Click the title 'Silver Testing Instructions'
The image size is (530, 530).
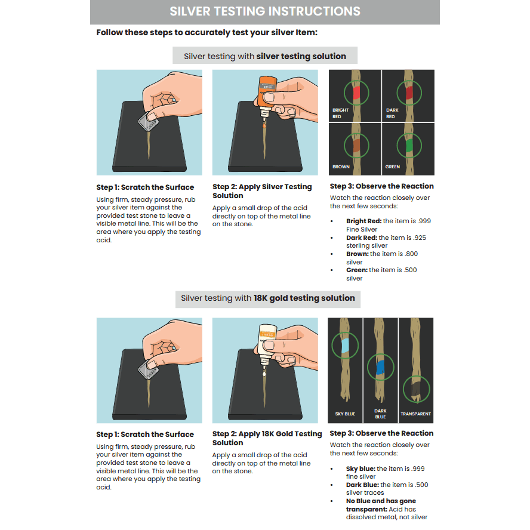[264, 11]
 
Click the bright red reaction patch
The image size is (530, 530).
[356, 93]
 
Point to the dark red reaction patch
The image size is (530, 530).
[409, 93]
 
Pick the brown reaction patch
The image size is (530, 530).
[356, 146]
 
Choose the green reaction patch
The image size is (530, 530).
[409, 146]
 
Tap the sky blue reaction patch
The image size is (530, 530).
[345, 345]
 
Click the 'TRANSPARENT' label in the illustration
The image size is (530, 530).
[415, 414]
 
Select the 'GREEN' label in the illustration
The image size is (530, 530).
[393, 167]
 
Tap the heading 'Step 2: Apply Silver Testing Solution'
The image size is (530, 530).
[262, 191]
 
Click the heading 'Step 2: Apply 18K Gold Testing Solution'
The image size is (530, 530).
[267, 438]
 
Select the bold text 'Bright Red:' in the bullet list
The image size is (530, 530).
[363, 221]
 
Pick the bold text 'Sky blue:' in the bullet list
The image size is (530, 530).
[360, 469]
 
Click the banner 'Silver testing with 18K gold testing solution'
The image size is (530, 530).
[268, 298]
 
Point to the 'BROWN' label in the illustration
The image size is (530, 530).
[341, 167]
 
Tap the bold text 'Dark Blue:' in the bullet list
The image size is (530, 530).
[362, 485]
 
